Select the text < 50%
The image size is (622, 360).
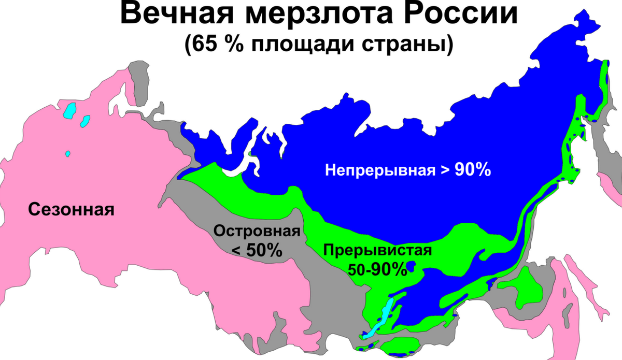click(x=257, y=251)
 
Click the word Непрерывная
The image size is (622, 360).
click(x=380, y=169)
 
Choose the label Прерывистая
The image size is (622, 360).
click(x=377, y=251)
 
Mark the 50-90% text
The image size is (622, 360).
click(x=377, y=269)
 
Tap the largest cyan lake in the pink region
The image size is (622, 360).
click(x=69, y=110)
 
